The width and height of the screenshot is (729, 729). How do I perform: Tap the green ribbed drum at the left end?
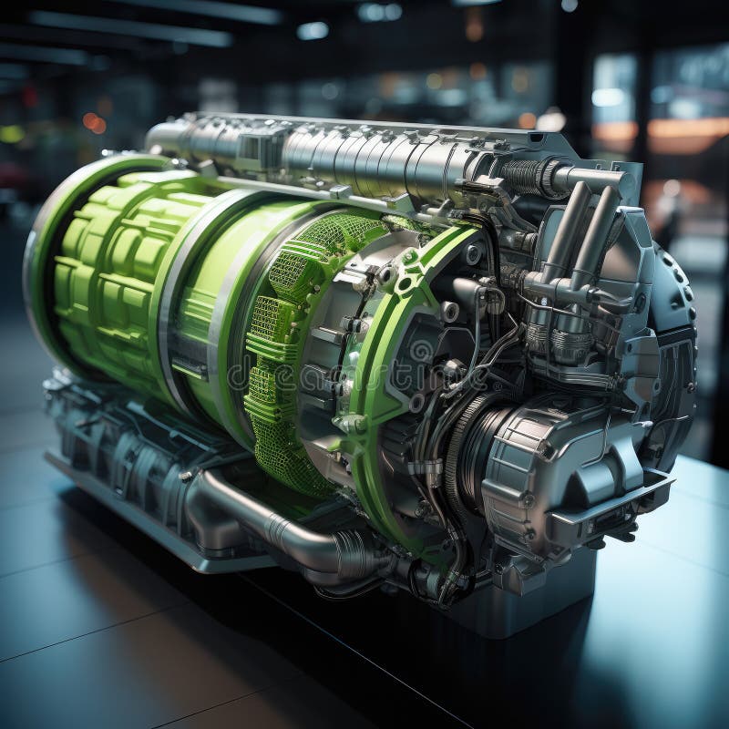pos(109,264)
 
